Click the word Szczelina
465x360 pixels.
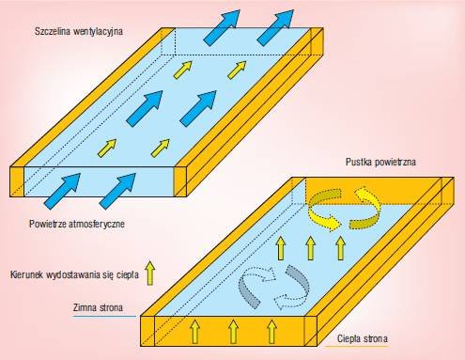pyautogui.click(x=52, y=31)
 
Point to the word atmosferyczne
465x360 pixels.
pyautogui.click(x=97, y=225)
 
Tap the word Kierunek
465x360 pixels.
pyautogui.click(x=26, y=274)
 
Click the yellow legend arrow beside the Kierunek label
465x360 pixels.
pyautogui.click(x=150, y=273)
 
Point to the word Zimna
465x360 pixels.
pyautogui.click(x=85, y=307)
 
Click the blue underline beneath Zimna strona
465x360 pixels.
pyautogui.click(x=104, y=316)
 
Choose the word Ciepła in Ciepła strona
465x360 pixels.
pyautogui.click(x=348, y=338)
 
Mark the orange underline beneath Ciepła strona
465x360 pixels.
pyautogui.click(x=357, y=346)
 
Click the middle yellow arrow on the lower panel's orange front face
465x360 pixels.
pyautogui.click(x=233, y=332)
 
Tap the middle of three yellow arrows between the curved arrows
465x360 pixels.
pyautogui.click(x=310, y=248)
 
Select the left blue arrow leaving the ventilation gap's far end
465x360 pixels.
pyautogui.click(x=222, y=27)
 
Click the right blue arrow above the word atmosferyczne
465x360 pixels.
pyautogui.click(x=117, y=191)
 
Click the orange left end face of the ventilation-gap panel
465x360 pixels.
pyautogui.click(x=17, y=181)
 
